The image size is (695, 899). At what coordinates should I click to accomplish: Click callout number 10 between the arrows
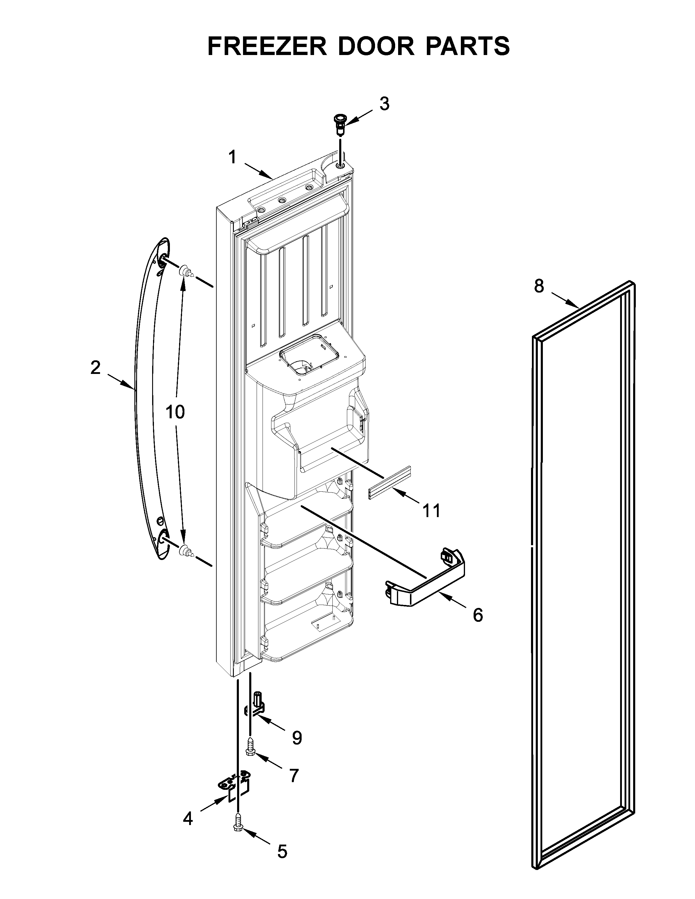pos(175,411)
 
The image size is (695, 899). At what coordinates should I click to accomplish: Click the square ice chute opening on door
pos(309,354)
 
